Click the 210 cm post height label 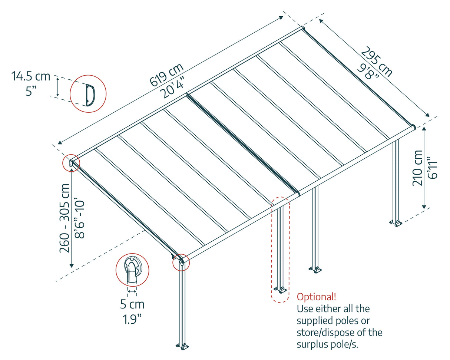click(417, 168)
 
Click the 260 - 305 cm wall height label click(65, 218)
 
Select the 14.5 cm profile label click(31, 77)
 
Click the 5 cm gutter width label click(132, 305)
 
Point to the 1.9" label click(132, 319)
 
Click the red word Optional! click(317, 297)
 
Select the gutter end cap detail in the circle click(132, 271)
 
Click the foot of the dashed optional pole click(281, 290)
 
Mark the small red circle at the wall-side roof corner click(71, 163)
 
